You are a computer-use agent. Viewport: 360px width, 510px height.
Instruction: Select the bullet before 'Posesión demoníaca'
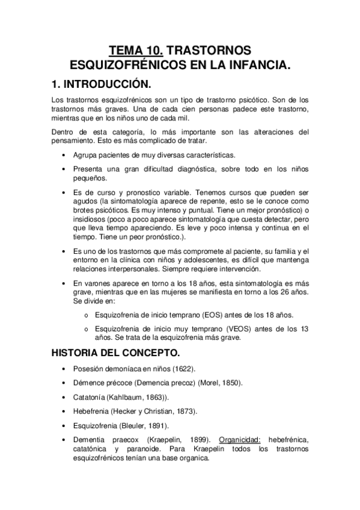(64, 368)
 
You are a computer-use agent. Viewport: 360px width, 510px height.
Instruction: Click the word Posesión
(87, 368)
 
